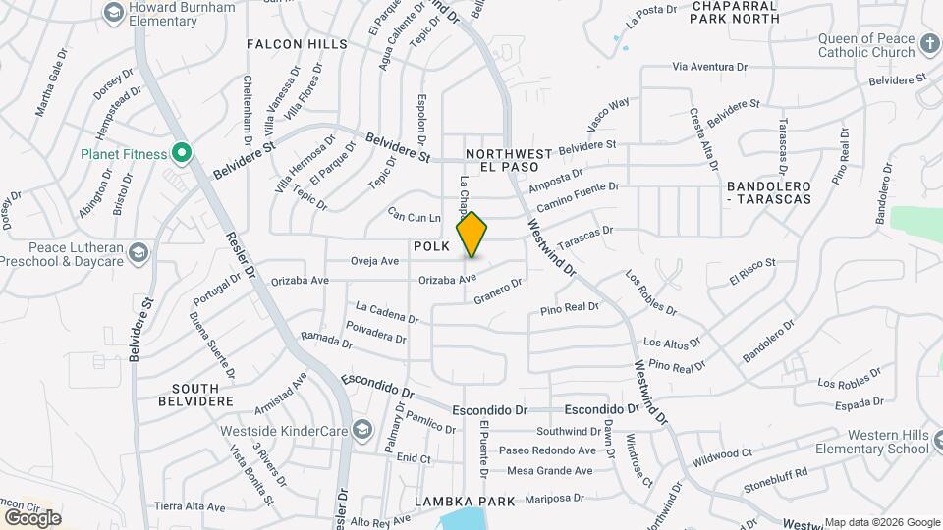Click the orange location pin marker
point(472,235)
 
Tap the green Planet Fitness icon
point(181,153)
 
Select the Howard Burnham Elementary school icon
point(112,13)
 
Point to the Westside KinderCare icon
point(362,429)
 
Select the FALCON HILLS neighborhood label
point(297,44)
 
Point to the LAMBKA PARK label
point(465,502)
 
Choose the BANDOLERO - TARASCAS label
point(768,192)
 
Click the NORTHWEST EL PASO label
point(509,160)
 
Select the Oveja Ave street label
point(374,261)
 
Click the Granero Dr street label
point(497,291)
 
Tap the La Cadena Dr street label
point(387,312)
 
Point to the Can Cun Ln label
point(414,214)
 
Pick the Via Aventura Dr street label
point(709,67)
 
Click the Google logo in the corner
point(31,517)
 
